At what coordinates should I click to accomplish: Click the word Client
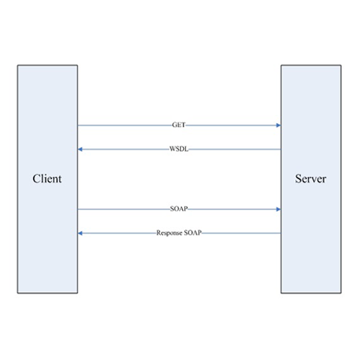[x=47, y=179]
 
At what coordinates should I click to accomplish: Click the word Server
[x=310, y=179]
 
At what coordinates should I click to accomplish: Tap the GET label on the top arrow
[x=179, y=125]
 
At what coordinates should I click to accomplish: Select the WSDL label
[x=179, y=149]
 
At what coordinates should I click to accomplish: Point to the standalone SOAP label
[x=179, y=209]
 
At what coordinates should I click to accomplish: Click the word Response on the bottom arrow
[x=169, y=233]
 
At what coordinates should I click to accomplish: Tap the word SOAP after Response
[x=193, y=233]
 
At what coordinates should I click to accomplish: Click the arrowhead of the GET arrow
[x=279, y=125]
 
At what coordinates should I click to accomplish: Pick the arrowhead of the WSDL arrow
[x=81, y=149]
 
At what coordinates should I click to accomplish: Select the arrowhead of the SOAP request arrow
[x=279, y=210]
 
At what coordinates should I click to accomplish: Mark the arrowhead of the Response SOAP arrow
[x=81, y=233]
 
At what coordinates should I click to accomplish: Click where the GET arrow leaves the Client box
[x=78, y=125]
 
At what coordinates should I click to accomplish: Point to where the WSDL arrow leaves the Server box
[x=281, y=149]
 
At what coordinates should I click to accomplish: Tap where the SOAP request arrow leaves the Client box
[x=78, y=210]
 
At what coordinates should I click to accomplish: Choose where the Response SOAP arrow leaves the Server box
[x=281, y=233]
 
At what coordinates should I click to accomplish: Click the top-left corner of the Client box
[x=17, y=65]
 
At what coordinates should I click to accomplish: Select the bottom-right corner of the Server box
[x=341, y=293]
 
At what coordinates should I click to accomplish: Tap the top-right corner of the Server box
[x=341, y=65]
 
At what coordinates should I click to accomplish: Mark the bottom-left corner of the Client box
[x=17, y=293]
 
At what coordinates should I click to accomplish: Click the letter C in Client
[x=37, y=179]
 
